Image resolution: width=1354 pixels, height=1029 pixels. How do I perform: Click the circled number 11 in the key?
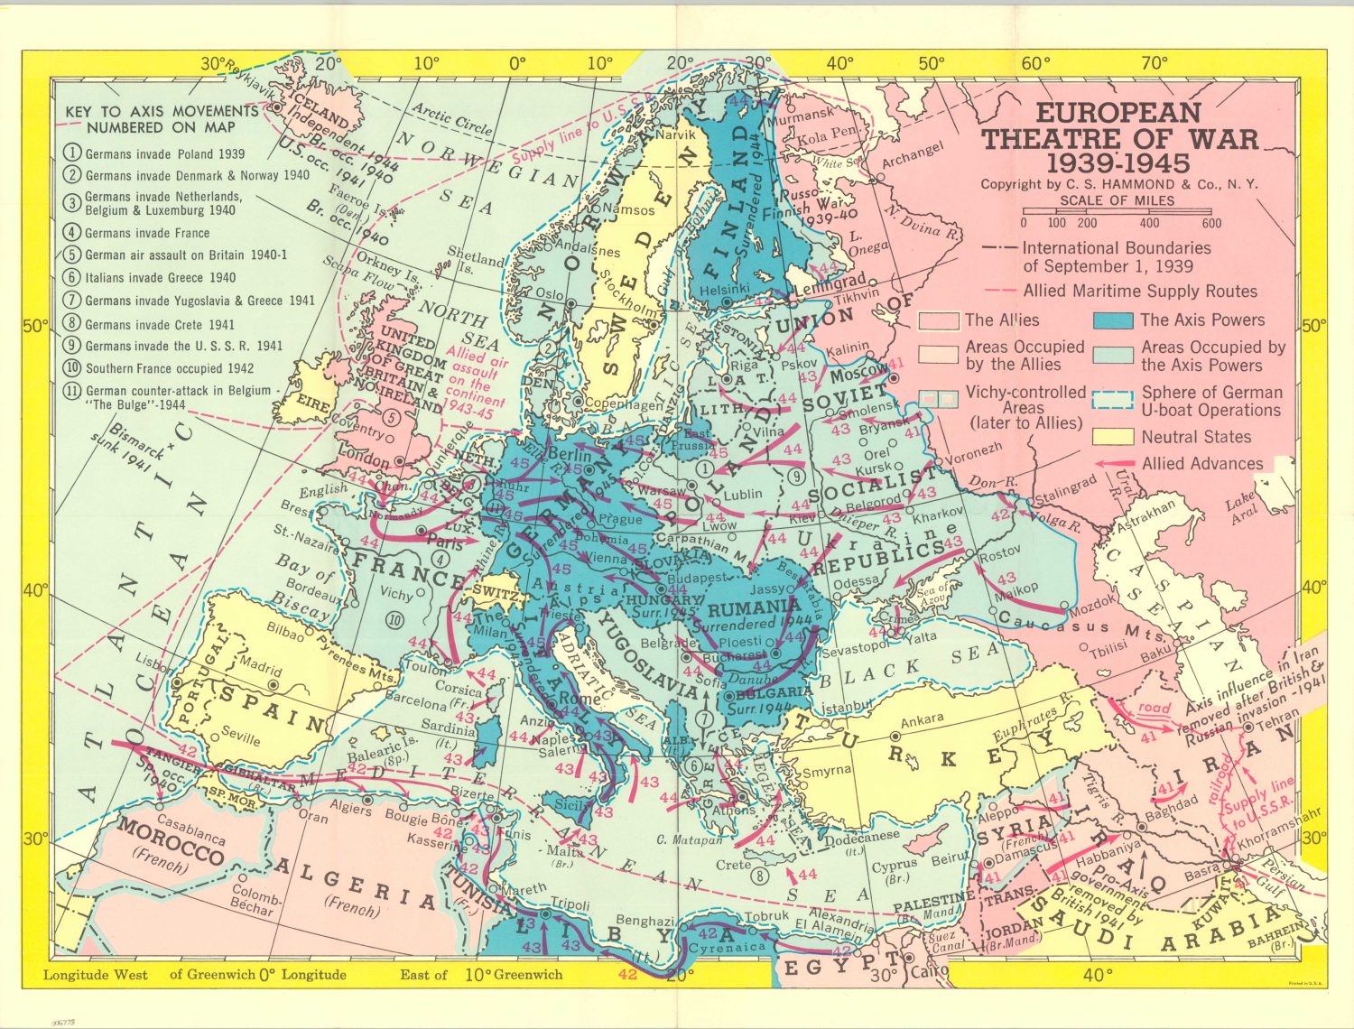[72, 392]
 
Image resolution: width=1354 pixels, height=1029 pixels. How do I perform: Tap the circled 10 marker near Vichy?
[394, 619]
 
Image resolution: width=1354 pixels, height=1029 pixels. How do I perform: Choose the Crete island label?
[733, 865]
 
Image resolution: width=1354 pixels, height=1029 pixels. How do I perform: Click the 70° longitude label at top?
[1155, 63]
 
